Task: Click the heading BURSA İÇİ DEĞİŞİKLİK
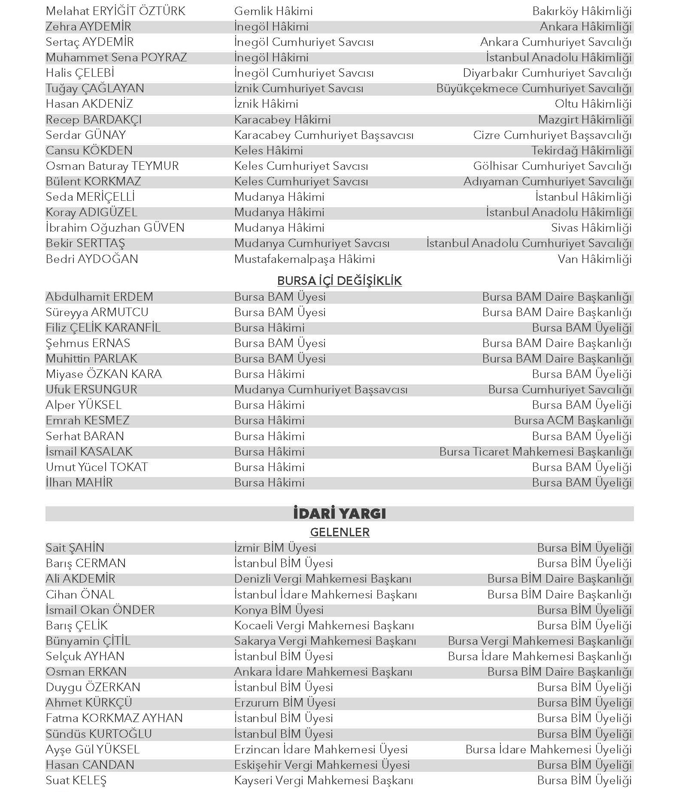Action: click(x=339, y=281)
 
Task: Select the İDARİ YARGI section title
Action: click(x=339, y=514)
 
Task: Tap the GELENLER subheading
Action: click(x=340, y=532)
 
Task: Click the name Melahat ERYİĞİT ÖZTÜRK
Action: click(x=115, y=11)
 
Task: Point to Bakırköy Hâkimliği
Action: click(x=582, y=11)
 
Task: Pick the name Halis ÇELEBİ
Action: click(x=80, y=73)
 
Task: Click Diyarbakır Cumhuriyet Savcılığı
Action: click(x=547, y=73)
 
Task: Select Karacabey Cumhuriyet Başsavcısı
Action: click(x=324, y=135)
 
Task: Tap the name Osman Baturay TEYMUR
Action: click(x=112, y=166)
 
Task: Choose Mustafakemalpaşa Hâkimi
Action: click(x=304, y=259)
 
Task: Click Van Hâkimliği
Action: click(x=594, y=259)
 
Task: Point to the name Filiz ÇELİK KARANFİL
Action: click(x=103, y=328)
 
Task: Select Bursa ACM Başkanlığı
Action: click(x=573, y=420)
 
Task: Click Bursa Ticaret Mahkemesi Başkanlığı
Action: click(x=535, y=452)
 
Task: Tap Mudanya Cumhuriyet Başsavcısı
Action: click(x=321, y=390)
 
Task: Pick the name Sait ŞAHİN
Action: click(x=75, y=548)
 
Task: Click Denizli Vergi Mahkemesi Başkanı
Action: click(x=322, y=579)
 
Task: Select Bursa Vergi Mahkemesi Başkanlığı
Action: click(x=540, y=641)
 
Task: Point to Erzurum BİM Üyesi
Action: click(x=285, y=703)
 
